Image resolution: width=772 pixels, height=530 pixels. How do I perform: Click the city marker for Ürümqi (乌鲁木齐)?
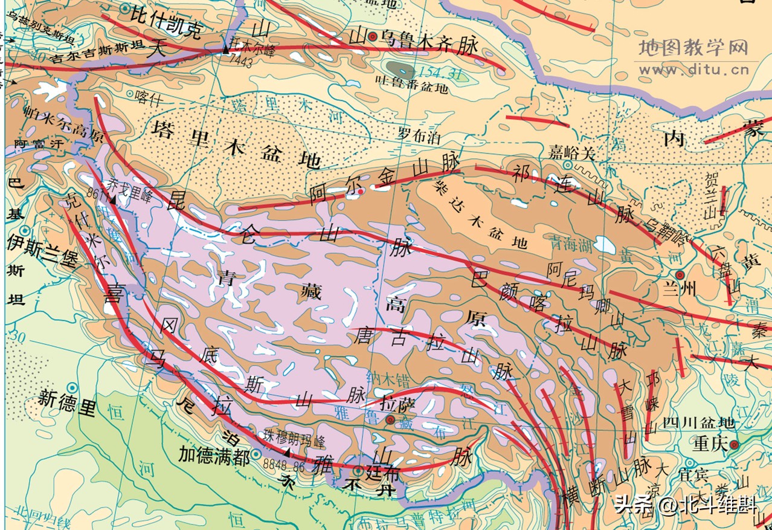(373, 37)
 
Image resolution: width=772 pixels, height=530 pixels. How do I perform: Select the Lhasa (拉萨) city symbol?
(390, 419)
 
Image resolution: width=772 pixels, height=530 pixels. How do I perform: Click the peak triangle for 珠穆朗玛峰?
(286, 452)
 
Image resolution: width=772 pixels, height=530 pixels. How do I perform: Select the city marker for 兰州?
(680, 274)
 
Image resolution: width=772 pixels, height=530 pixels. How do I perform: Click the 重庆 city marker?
(734, 445)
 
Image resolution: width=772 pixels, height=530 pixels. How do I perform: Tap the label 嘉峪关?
(571, 152)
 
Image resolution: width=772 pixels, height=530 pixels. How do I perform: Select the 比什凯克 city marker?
(124, 8)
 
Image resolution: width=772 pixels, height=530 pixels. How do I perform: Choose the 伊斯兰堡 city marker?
(24, 231)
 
